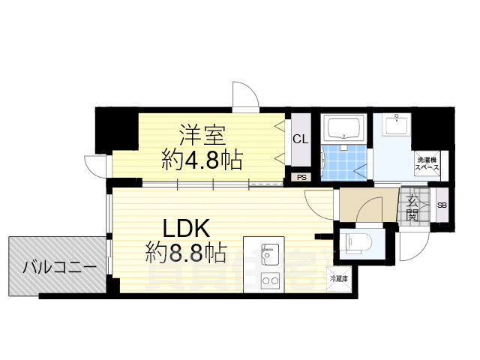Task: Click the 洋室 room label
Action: (201, 136)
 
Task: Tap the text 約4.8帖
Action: (201, 159)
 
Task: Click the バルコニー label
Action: (58, 266)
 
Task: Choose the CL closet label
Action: (300, 139)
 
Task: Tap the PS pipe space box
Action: (301, 178)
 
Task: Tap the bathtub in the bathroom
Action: (343, 129)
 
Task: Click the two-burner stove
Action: (269, 281)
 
